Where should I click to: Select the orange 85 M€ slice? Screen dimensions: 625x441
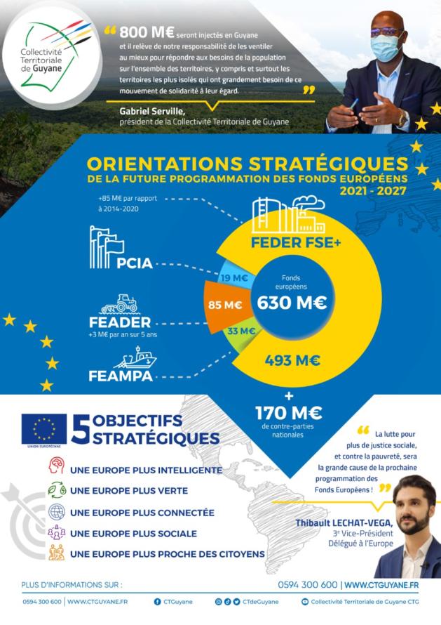[226, 305]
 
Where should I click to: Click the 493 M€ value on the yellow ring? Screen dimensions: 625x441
[292, 361]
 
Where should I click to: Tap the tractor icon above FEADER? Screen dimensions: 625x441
[120, 303]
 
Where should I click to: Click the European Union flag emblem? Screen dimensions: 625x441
[44, 429]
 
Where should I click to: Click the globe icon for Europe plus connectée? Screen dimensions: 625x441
[55, 512]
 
